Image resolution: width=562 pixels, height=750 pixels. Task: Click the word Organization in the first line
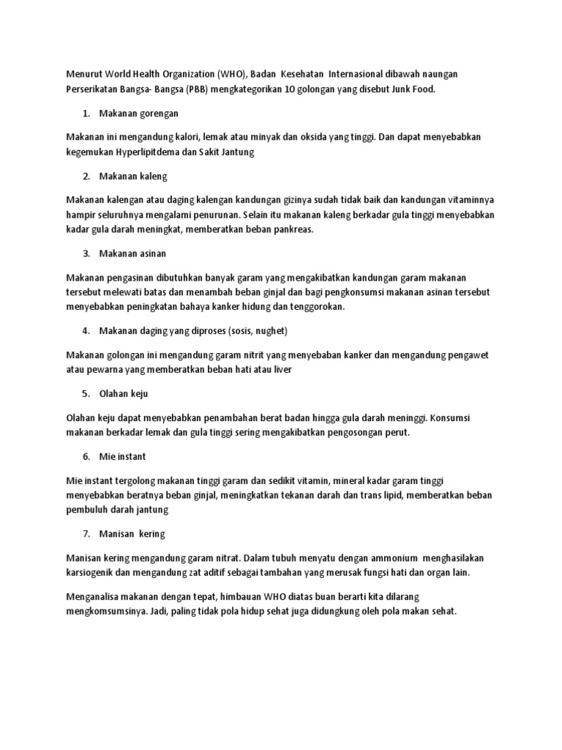183,74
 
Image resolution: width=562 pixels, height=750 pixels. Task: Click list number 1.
86,114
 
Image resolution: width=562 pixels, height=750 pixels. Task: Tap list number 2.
86,177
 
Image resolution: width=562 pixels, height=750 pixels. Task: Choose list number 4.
86,330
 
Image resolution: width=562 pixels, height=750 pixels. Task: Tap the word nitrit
256,354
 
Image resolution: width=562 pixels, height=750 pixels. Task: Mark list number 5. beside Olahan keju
86,393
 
